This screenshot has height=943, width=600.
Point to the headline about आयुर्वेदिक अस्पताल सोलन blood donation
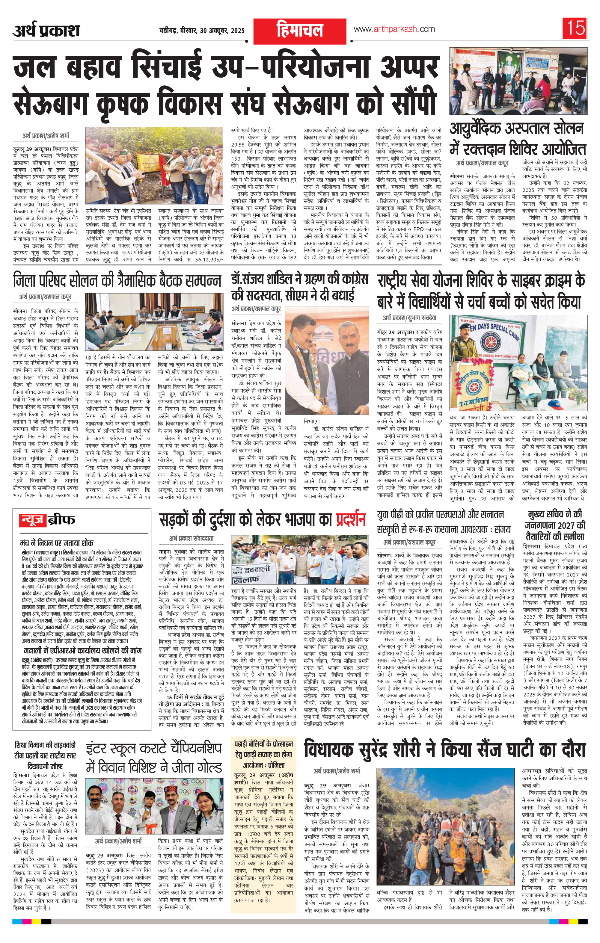tap(518, 139)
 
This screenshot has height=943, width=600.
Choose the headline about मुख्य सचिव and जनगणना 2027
tap(556, 525)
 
